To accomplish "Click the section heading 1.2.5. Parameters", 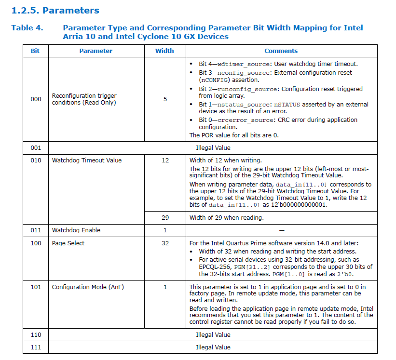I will pyautogui.click(x=55, y=10).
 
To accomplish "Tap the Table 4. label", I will pyautogui.click(x=27, y=28).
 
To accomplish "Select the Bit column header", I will pyautogui.click(x=35, y=51).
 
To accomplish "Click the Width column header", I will pyautogui.click(x=164, y=51).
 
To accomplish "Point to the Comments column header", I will pyautogui.click(x=281, y=51).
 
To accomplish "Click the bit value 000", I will pyautogui.click(x=36, y=99).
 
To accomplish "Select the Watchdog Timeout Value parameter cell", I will pyautogui.click(x=87, y=160).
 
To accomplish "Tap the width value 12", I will pyautogui.click(x=165, y=160).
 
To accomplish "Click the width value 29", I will pyautogui.click(x=165, y=218).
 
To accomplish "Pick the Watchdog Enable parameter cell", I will pyautogui.click(x=76, y=230).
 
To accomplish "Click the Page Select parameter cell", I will pyautogui.click(x=68, y=243).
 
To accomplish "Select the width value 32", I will pyautogui.click(x=165, y=243).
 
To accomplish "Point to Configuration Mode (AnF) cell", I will pyautogui.click(x=88, y=287).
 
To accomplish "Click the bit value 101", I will pyautogui.click(x=36, y=287).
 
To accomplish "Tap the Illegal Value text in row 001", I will pyautogui.click(x=213, y=148).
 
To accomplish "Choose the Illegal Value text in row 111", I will pyautogui.click(x=213, y=347).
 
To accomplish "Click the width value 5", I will pyautogui.click(x=165, y=99).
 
